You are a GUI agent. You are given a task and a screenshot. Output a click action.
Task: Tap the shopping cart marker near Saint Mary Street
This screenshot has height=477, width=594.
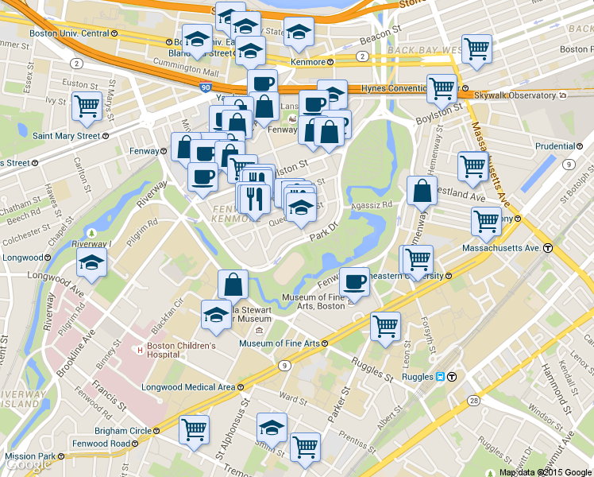(x=86, y=107)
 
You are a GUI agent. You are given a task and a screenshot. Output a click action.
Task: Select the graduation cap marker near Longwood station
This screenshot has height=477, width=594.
(x=91, y=263)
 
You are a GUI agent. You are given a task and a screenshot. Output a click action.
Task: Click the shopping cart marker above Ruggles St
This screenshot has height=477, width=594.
(x=385, y=326)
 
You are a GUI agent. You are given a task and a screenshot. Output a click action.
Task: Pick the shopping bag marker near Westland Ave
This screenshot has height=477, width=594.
(x=422, y=191)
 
